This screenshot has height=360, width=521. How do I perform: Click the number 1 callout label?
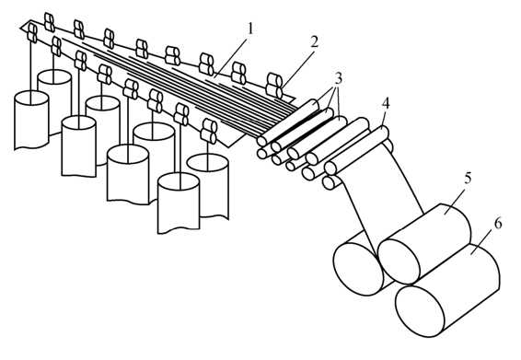tap(250, 29)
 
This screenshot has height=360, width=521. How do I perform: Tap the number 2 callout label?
tap(314, 41)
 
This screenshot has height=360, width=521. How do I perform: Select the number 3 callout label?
tap(338, 79)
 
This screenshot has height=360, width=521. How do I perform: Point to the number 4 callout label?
tap(386, 104)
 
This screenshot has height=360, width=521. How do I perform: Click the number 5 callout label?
tap(468, 179)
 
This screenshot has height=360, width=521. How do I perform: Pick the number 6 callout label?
tap(498, 224)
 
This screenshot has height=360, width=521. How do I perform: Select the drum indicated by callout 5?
tap(424, 244)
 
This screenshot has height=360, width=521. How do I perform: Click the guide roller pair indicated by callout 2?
tap(274, 86)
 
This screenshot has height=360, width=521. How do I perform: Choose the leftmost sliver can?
tap(31, 120)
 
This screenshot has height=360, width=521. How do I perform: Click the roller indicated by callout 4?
tap(356, 150)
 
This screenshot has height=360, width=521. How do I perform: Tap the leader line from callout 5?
tap(455, 198)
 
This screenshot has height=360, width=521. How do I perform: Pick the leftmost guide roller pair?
tap(32, 33)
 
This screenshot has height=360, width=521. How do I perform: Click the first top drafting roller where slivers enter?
tap(288, 122)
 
